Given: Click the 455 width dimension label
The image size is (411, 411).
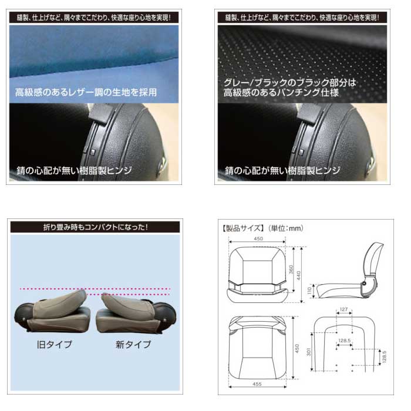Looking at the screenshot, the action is click(x=257, y=384).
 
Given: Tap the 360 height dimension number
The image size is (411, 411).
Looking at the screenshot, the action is click(x=291, y=269).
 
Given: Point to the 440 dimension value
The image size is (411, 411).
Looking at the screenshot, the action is click(x=298, y=275).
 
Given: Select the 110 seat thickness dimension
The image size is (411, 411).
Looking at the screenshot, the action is click(x=309, y=291).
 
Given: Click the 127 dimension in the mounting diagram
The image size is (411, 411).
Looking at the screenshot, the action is click(x=343, y=309).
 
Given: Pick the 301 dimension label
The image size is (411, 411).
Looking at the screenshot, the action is click(x=308, y=352).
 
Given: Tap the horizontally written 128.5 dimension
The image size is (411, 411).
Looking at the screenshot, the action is click(x=345, y=341).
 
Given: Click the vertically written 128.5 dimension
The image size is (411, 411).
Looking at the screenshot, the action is click(x=384, y=356).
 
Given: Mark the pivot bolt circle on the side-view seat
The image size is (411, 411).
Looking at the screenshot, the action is click(x=364, y=284).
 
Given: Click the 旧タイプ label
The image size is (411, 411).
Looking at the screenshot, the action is click(x=55, y=344).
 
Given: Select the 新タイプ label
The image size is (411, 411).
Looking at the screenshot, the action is click(x=133, y=344).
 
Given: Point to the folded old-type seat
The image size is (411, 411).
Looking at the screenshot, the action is click(x=52, y=311).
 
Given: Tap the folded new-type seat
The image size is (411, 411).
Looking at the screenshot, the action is click(x=136, y=313).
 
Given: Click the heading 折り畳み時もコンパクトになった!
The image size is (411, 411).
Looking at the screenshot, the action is click(x=95, y=227).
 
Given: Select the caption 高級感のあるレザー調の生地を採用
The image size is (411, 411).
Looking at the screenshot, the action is click(x=86, y=92).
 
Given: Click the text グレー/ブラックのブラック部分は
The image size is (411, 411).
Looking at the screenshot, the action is click(x=290, y=83).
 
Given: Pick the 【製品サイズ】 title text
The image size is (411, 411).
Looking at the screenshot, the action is click(x=242, y=228).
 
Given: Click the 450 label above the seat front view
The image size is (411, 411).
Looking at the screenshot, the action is click(x=258, y=238).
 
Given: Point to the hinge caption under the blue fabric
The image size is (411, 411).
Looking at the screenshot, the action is click(x=74, y=171).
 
